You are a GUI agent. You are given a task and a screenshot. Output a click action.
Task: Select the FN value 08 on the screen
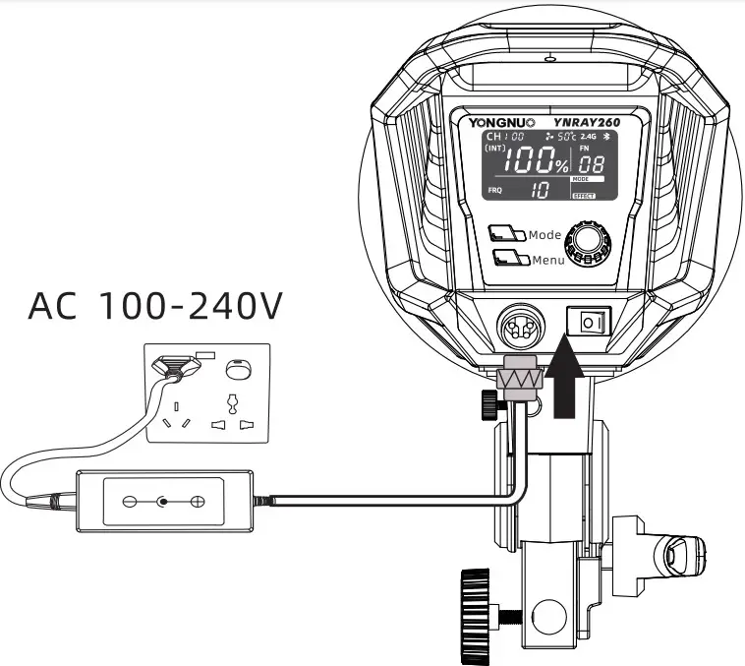[x=592, y=164]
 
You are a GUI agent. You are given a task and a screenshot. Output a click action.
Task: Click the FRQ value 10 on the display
[x=541, y=191]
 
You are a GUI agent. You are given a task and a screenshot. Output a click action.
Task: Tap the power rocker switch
[x=589, y=322]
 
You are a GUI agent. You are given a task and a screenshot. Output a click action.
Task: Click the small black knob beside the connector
[x=489, y=402]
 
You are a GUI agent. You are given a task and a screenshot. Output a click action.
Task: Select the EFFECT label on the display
[x=584, y=197]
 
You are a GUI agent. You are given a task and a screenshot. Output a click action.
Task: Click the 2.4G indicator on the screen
[x=588, y=136]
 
